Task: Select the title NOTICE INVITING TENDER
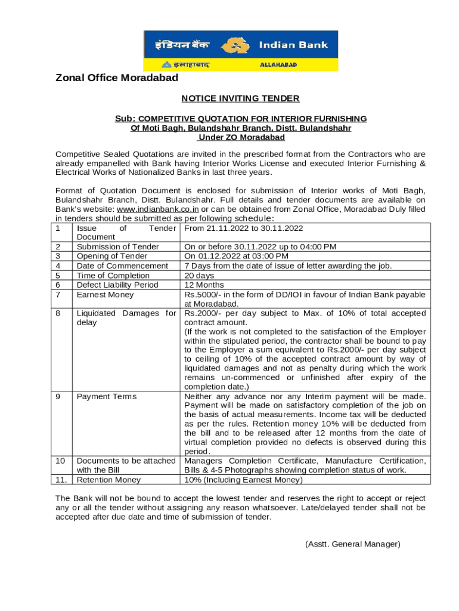point(240,98)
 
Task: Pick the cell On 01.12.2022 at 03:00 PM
point(245,257)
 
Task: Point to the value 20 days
point(199,276)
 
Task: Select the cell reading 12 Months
point(204,285)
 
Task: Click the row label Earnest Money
point(104,295)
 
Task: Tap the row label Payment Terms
point(107,397)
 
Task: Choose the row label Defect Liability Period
point(117,285)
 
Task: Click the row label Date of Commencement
point(122,266)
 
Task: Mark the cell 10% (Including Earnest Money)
point(244,480)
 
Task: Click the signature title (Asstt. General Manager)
point(352,544)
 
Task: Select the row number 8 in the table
point(58,313)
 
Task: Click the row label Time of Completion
point(113,276)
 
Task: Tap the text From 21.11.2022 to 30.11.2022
point(244,229)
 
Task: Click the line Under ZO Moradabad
point(241,137)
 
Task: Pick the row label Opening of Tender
point(112,257)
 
